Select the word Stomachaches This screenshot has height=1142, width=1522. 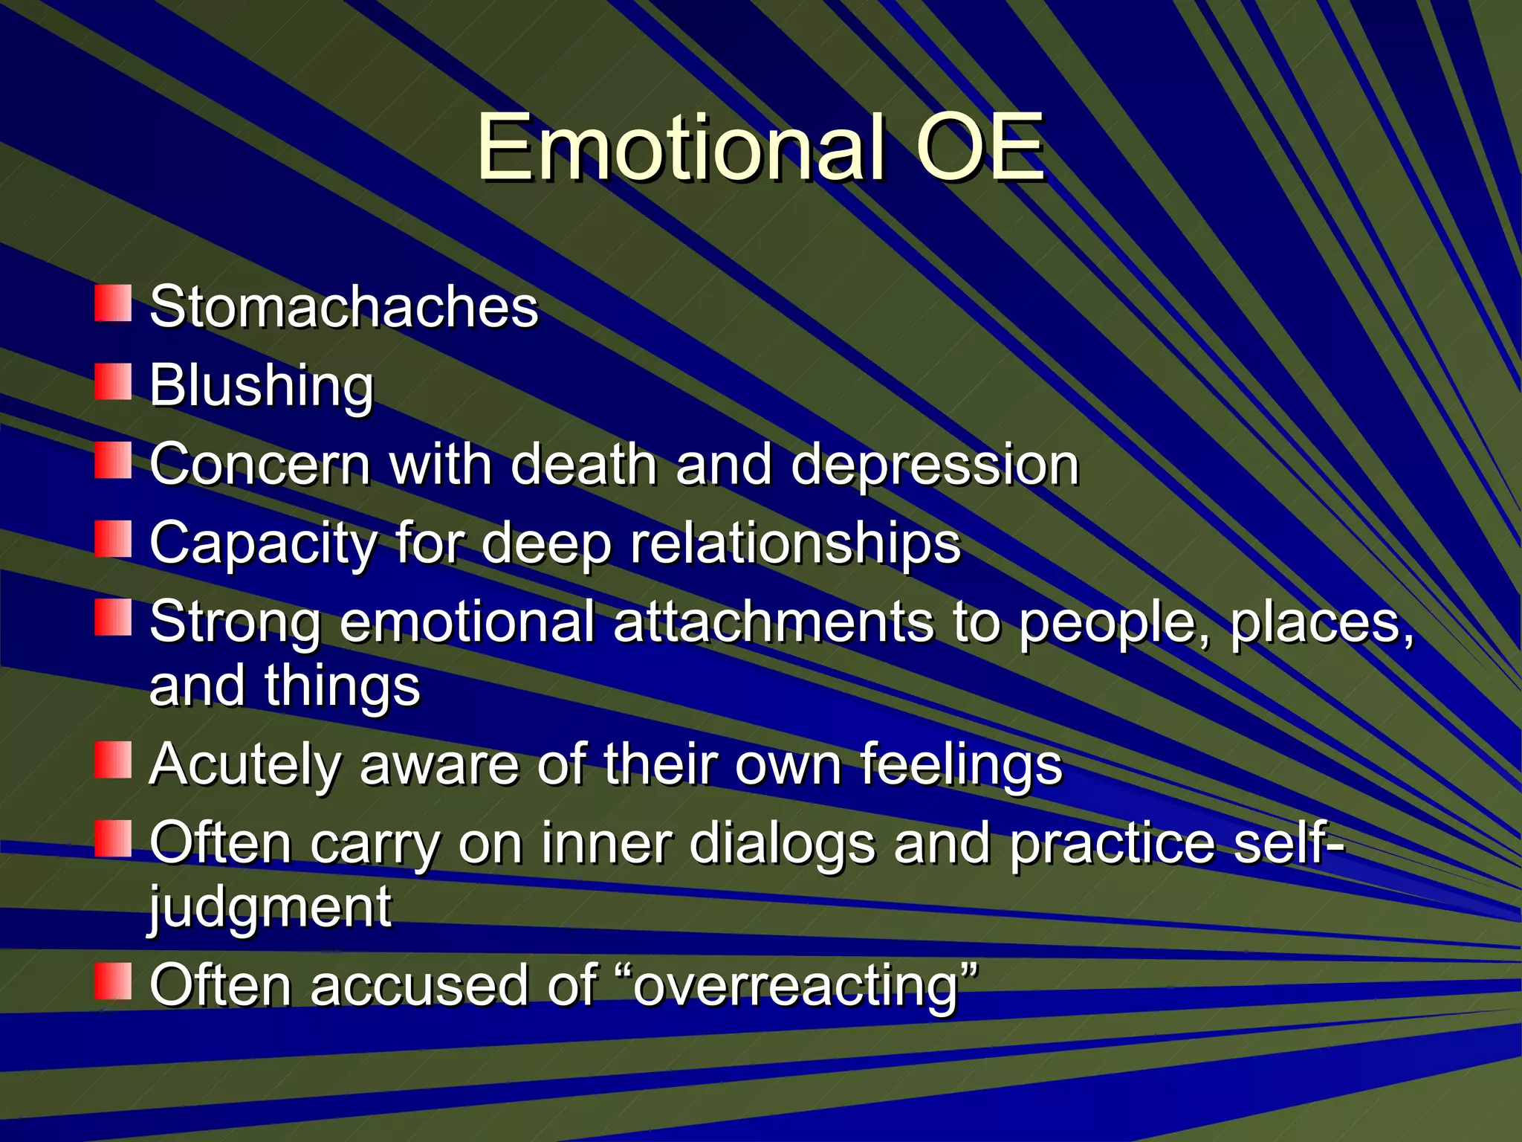pos(343,306)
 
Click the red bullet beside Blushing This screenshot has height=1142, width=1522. pos(113,381)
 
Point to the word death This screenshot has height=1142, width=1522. pos(584,465)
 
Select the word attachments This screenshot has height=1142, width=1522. pos(773,622)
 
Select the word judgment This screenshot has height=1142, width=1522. pos(270,909)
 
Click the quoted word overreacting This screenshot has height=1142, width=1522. pos(805,986)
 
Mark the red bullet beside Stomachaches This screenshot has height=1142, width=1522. pos(113,303)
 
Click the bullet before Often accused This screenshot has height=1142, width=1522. pos(113,981)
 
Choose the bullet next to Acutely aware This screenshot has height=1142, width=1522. pos(113,760)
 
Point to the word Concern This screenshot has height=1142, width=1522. pos(259,465)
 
